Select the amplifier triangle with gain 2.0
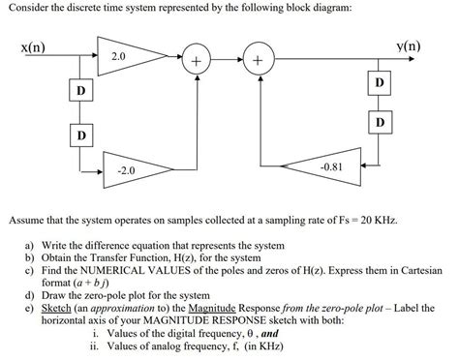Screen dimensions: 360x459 click(121, 60)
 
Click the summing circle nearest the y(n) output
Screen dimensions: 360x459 click(258, 62)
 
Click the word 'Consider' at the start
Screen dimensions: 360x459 click(30, 8)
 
